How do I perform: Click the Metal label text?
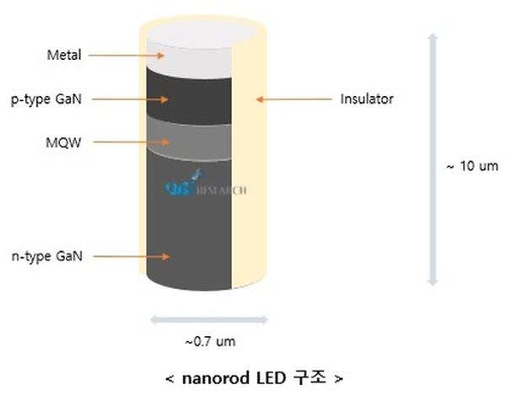click(x=64, y=56)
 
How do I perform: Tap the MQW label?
click(x=63, y=142)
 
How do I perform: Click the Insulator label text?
click(x=367, y=99)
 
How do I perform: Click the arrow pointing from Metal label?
click(x=126, y=56)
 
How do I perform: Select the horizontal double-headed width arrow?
click(x=208, y=319)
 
